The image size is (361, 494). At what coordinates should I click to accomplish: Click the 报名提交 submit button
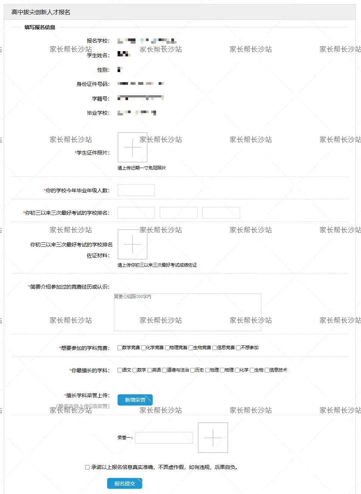(x=125, y=484)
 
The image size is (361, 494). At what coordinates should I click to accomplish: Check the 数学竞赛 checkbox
(x=120, y=348)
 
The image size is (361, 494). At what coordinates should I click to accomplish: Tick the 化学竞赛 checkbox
(x=144, y=348)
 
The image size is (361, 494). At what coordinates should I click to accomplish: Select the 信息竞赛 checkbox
(x=215, y=348)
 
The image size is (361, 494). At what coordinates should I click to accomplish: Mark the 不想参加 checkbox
(x=238, y=348)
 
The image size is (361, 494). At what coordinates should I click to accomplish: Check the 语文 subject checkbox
(x=120, y=370)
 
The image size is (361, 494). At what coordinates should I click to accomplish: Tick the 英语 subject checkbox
(x=150, y=370)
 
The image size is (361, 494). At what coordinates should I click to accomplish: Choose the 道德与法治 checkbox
(x=164, y=370)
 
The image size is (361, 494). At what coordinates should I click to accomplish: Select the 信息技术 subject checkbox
(x=267, y=370)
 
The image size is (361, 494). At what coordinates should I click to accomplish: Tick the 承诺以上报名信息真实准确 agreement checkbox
(x=87, y=467)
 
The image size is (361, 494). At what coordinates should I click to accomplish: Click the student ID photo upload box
(x=133, y=147)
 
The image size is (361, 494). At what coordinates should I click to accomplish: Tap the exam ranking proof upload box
(x=133, y=244)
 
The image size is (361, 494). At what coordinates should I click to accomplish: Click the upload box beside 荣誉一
(x=213, y=438)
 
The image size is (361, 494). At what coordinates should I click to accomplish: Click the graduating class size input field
(x=136, y=190)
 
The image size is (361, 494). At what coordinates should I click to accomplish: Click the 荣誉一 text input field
(x=164, y=438)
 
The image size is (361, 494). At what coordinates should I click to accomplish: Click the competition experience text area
(x=187, y=312)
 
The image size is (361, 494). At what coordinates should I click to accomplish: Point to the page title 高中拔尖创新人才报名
(x=41, y=12)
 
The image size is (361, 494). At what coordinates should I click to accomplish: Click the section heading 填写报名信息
(x=40, y=27)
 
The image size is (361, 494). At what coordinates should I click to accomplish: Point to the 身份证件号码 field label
(x=93, y=84)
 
